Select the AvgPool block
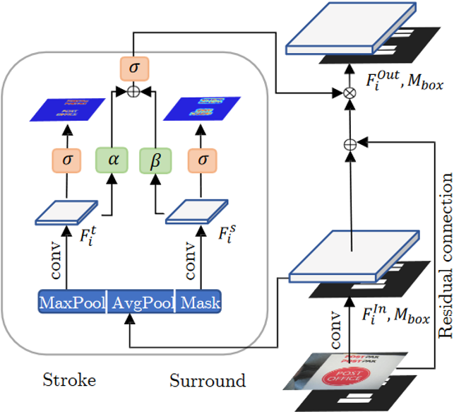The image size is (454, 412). click(138, 303)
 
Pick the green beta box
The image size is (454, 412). click(155, 160)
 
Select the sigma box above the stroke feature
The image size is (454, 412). click(67, 160)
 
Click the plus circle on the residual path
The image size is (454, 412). click(348, 143)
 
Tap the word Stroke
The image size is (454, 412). click(69, 381)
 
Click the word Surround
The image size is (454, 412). click(208, 381)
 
